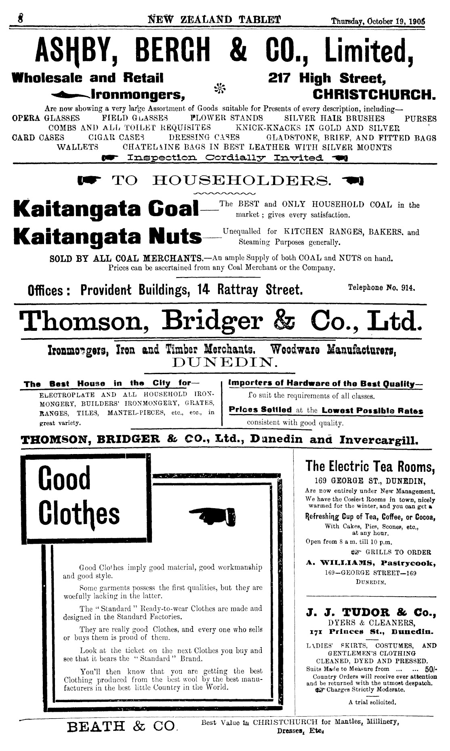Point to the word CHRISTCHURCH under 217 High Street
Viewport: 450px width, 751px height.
click(374, 95)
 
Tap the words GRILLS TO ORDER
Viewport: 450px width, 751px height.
click(398, 552)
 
